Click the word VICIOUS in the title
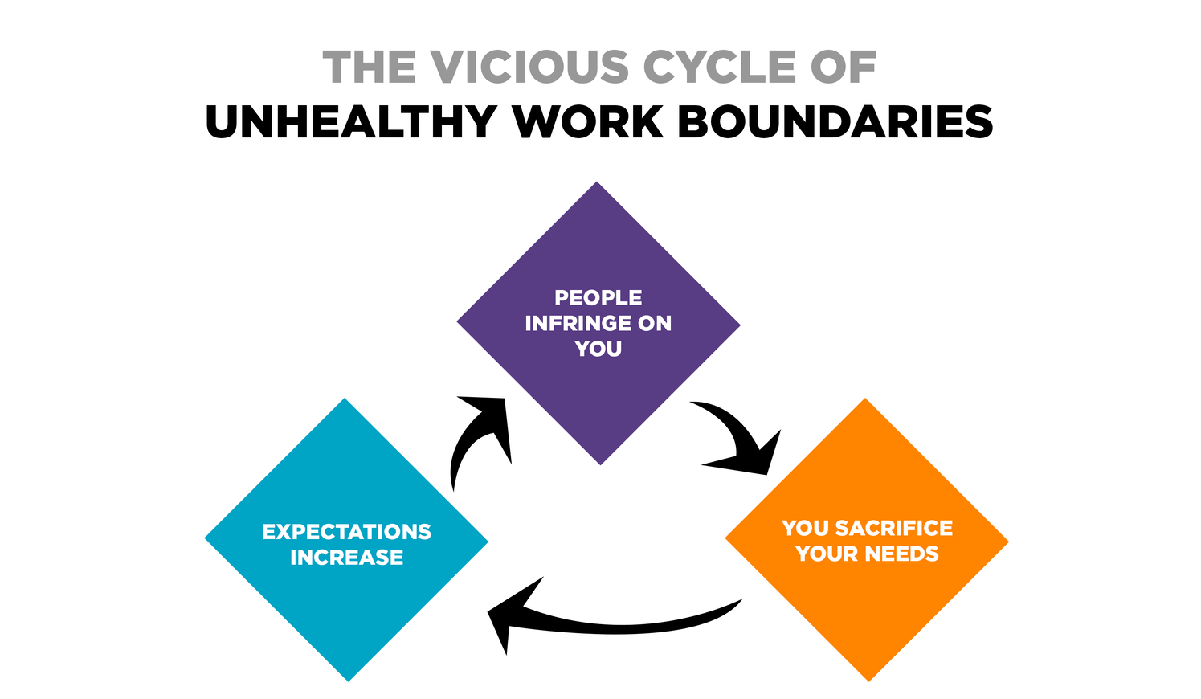[x=529, y=67]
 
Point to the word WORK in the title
[x=587, y=121]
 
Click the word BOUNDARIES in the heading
[x=835, y=121]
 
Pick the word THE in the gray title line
[x=370, y=67]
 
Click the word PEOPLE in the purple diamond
[x=598, y=297]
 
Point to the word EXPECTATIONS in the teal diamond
[x=346, y=532]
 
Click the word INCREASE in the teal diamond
[x=346, y=558]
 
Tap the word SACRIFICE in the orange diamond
[x=894, y=528]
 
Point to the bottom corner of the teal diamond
[x=349, y=681]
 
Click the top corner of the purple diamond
[x=597, y=182]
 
